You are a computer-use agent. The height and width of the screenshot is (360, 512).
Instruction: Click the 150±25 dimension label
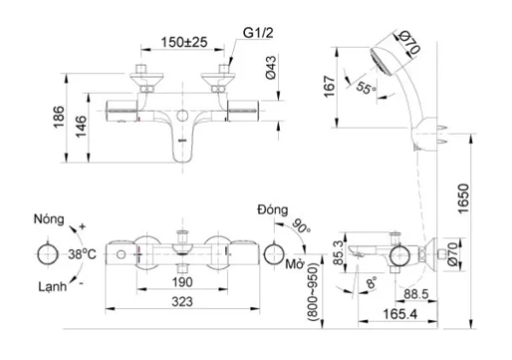(183, 42)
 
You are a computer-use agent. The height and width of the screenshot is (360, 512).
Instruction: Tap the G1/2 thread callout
(258, 32)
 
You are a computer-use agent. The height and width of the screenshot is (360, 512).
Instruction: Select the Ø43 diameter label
(271, 67)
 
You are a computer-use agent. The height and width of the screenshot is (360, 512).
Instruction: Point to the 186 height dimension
(59, 117)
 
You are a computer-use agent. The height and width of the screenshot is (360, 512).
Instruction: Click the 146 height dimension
(81, 126)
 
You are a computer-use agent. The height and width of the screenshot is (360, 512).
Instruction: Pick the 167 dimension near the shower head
(329, 87)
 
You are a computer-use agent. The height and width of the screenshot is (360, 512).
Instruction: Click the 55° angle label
(365, 88)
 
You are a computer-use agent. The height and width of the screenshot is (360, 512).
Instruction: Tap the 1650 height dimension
(463, 199)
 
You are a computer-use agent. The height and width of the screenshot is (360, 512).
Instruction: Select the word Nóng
(49, 219)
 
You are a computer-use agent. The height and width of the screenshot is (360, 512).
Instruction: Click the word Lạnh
(53, 287)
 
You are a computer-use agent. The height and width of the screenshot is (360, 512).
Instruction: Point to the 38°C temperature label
(82, 254)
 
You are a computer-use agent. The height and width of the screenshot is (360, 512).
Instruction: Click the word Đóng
(273, 210)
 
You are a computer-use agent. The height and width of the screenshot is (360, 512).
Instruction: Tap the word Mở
(295, 264)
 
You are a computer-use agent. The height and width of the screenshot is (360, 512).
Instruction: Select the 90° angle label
(301, 226)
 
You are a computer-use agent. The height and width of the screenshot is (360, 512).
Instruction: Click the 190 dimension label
(183, 282)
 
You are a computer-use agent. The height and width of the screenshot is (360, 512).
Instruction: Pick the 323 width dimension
(183, 302)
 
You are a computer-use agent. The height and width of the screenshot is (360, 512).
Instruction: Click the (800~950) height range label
(312, 292)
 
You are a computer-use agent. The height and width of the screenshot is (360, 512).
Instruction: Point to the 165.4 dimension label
(400, 314)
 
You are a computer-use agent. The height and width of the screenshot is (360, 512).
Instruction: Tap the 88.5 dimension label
(416, 294)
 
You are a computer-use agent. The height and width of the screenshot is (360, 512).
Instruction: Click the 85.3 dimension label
(340, 253)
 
